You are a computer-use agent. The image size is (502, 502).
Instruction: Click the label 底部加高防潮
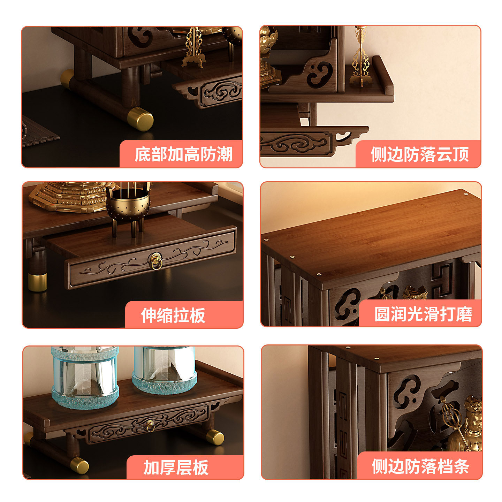tap(183, 154)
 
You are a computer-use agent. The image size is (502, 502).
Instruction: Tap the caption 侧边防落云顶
tap(420, 154)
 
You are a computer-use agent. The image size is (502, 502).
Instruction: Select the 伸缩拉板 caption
tap(173, 315)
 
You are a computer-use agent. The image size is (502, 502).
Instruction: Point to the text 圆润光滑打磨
tap(423, 314)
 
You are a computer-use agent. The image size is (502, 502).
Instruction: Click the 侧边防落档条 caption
tap(420, 466)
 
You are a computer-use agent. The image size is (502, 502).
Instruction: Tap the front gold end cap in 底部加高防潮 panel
tap(140, 119)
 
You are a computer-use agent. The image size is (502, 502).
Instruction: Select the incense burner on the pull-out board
tap(128, 206)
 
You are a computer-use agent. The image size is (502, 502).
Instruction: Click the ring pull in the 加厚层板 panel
tap(150, 426)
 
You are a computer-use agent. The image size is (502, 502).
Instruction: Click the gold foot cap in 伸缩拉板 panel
tap(38, 282)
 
